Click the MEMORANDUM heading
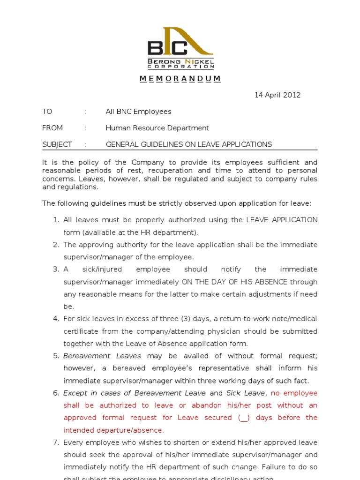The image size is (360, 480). point(180,79)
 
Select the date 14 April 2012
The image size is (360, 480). point(277,95)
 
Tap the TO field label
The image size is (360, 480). point(47,112)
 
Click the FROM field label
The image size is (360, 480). point(52,128)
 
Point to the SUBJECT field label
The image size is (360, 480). point(57,144)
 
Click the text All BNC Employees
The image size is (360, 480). point(138,112)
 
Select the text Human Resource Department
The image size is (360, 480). point(157,128)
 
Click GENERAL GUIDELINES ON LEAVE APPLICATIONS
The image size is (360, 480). point(188,144)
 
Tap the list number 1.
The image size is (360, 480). point(56,220)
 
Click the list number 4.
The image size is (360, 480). point(56,319)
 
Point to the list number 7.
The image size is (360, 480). point(56,442)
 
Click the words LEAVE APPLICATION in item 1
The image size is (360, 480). point(282,220)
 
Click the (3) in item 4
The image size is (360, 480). point(187,319)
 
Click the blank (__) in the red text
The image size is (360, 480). point(244,418)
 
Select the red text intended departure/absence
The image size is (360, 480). point(114,430)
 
